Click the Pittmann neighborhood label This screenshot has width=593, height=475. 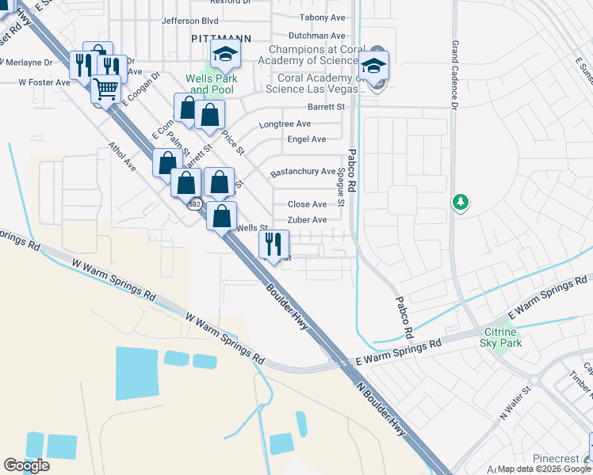click(210, 38)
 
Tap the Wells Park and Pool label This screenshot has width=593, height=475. click(209, 84)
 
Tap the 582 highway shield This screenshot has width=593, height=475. click(194, 204)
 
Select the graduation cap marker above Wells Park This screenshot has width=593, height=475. click(225, 55)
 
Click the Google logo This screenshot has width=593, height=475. click(26, 465)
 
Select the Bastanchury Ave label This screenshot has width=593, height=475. click(303, 171)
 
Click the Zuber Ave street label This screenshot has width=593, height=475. click(307, 220)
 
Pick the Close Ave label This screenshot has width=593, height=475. click(307, 204)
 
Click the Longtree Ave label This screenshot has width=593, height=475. click(285, 124)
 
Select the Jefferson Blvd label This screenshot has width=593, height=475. click(189, 21)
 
